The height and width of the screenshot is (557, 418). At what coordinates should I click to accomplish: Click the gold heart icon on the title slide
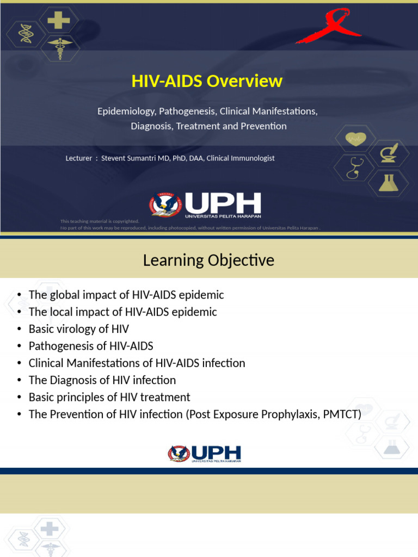pos(355,139)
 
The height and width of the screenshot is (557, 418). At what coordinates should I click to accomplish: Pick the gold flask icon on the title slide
pos(389,182)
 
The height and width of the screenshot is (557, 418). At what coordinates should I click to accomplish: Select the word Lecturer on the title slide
pos(78,158)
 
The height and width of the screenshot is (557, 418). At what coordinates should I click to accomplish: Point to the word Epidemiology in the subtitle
pos(126,111)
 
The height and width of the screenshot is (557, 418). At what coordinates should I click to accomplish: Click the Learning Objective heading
pos(208,260)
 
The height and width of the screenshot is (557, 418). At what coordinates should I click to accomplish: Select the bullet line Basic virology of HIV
pos(78,329)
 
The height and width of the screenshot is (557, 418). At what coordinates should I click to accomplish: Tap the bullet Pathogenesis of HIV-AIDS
pos(91,346)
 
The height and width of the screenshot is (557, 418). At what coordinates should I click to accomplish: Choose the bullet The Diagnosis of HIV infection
pos(102,380)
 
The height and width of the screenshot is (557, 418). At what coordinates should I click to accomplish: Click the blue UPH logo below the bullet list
pos(205,453)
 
